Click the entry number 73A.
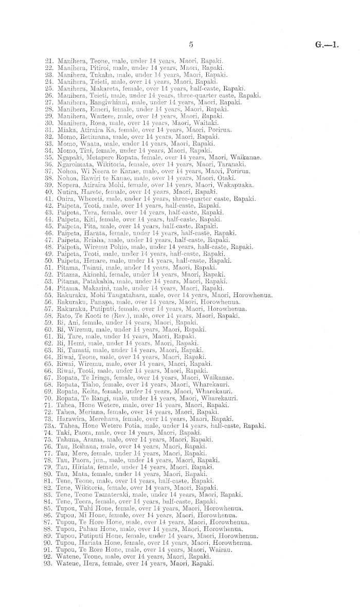[48, 426]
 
